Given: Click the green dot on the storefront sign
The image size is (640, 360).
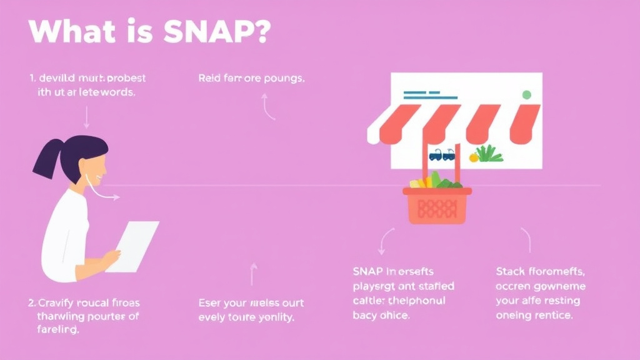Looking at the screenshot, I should (526, 95).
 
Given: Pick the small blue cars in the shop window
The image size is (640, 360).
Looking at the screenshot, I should (441, 154).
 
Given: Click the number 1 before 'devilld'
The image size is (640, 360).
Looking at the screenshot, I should (31, 79).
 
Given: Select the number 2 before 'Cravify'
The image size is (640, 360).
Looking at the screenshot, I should (32, 302).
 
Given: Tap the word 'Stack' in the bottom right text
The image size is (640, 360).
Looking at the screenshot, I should (511, 271).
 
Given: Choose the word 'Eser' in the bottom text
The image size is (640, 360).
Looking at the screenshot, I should (209, 303).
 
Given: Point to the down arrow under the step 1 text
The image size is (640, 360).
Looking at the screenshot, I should (86, 117).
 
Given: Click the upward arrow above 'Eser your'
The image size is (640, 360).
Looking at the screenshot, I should (254, 274).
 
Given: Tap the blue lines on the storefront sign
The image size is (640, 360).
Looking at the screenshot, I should (424, 96).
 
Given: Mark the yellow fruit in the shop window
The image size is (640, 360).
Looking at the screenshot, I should (474, 157).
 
